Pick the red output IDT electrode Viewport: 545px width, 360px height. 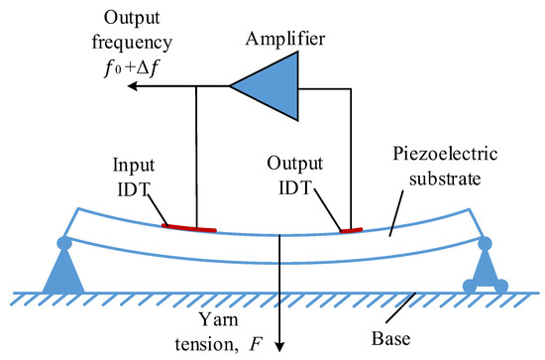(351, 230)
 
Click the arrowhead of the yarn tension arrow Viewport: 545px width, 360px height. (280, 344)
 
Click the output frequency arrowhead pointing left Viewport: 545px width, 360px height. (132, 86)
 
